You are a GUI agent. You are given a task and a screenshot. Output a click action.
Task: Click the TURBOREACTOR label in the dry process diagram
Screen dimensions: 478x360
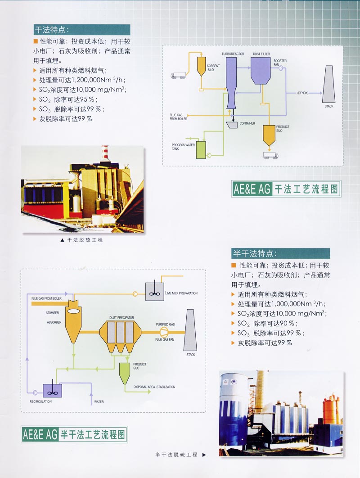(x=233, y=54)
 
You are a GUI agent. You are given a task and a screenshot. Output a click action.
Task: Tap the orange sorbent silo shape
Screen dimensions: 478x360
(x=201, y=67)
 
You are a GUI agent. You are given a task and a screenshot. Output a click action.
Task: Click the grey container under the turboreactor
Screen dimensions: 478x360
(x=233, y=124)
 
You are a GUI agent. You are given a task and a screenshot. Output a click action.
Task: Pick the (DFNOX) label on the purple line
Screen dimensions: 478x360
(x=302, y=93)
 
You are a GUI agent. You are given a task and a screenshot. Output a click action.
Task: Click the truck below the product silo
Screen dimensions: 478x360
(x=270, y=156)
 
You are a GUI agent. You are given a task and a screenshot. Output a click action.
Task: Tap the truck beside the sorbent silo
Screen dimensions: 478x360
(x=178, y=75)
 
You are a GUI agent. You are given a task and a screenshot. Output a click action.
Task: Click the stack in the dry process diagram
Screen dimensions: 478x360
(x=329, y=84)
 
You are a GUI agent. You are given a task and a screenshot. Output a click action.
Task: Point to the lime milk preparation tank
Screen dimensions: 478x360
(x=154, y=291)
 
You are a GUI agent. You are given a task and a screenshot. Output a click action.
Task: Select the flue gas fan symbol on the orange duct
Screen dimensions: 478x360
(x=164, y=332)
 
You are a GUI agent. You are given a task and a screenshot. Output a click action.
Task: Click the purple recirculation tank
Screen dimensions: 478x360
(x=52, y=390)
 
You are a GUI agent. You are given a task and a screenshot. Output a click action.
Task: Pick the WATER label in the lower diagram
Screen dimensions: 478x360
(x=99, y=401)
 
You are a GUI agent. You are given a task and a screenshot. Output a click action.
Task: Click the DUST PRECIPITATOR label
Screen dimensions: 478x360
(x=121, y=318)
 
